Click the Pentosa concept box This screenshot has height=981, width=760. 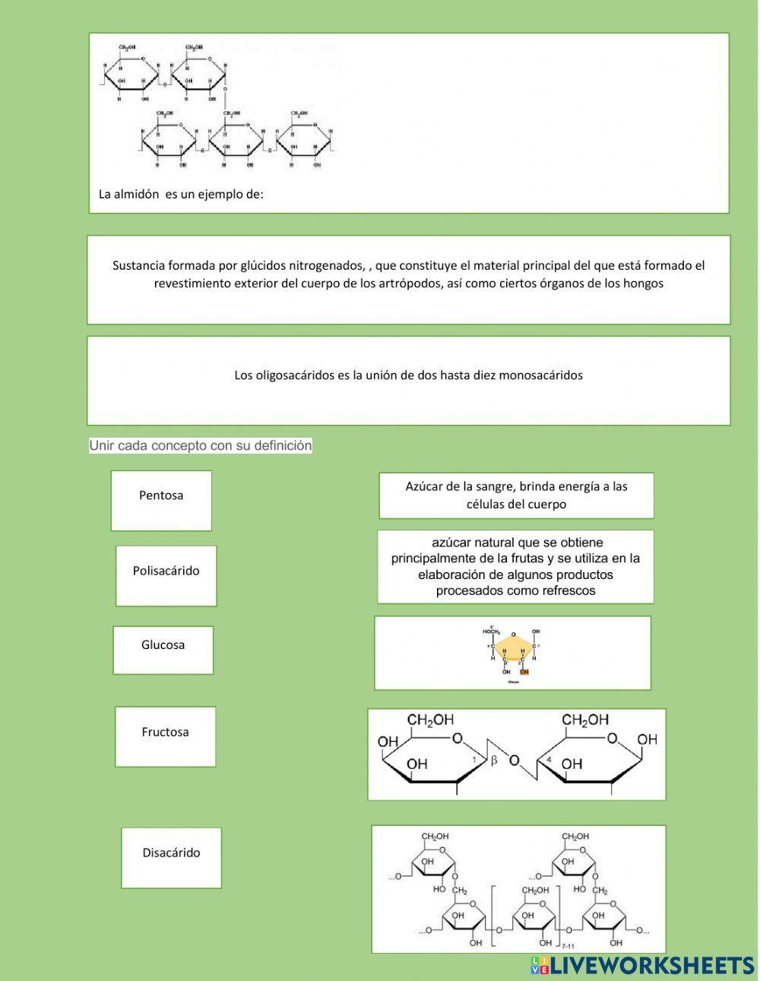(161, 500)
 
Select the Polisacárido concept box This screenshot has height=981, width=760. (166, 575)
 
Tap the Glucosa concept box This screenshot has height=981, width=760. (163, 650)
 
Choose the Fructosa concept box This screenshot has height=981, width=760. (165, 736)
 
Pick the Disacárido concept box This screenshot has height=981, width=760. (171, 857)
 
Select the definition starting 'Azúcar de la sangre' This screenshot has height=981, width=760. (516, 495)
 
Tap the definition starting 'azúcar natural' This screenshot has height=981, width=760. (515, 566)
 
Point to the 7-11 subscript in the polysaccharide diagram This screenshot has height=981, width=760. (568, 946)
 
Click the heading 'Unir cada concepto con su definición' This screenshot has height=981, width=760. (201, 445)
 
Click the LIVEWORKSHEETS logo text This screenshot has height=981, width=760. (651, 965)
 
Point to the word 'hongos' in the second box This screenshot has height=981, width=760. (644, 283)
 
